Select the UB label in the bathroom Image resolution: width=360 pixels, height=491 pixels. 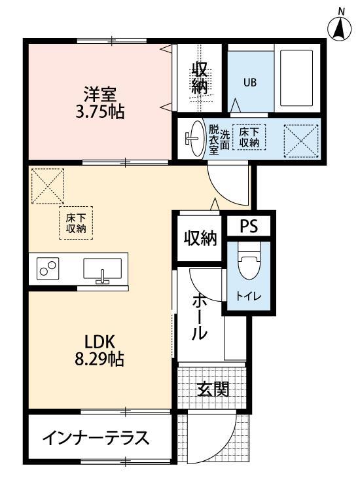coord(249,82)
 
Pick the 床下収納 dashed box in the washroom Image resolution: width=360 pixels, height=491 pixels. coord(249,136)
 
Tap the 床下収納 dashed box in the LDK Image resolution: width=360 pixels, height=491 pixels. coord(76,223)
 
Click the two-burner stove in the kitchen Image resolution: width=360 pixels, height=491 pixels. coord(48,269)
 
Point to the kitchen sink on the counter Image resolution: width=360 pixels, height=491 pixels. coord(102,270)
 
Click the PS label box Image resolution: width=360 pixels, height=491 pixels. coord(248,226)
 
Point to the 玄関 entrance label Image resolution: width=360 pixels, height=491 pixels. coord(213,390)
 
